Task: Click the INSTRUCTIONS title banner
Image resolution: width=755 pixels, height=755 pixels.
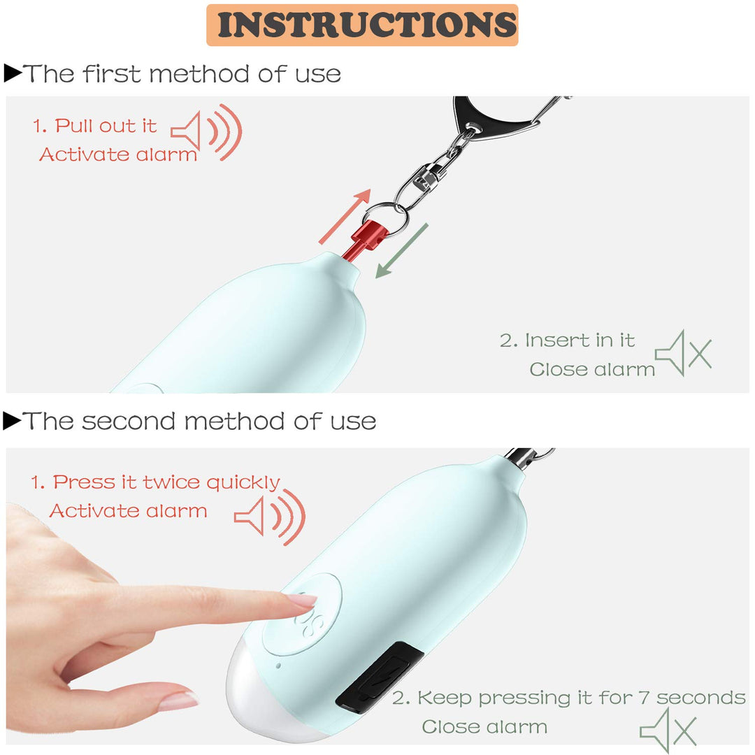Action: tap(362, 25)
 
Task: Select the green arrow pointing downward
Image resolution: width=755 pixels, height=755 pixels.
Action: tap(401, 251)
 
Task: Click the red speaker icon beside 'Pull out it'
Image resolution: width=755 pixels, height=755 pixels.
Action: tap(206, 132)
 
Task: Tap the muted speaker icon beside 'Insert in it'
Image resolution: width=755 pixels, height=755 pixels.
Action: tap(683, 353)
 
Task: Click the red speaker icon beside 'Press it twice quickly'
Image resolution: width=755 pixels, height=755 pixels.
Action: tap(270, 517)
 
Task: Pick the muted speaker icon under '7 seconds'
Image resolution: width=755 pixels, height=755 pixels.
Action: tap(668, 730)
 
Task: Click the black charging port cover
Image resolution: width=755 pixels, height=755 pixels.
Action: tap(380, 677)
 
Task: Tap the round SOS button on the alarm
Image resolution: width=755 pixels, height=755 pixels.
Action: tap(303, 614)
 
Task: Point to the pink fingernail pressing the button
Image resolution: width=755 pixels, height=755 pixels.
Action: tap(303, 601)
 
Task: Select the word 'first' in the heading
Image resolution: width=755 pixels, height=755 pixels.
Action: tap(112, 73)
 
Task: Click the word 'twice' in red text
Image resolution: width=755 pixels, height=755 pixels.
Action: tap(172, 482)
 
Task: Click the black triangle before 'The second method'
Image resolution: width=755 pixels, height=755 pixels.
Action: tap(12, 420)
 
